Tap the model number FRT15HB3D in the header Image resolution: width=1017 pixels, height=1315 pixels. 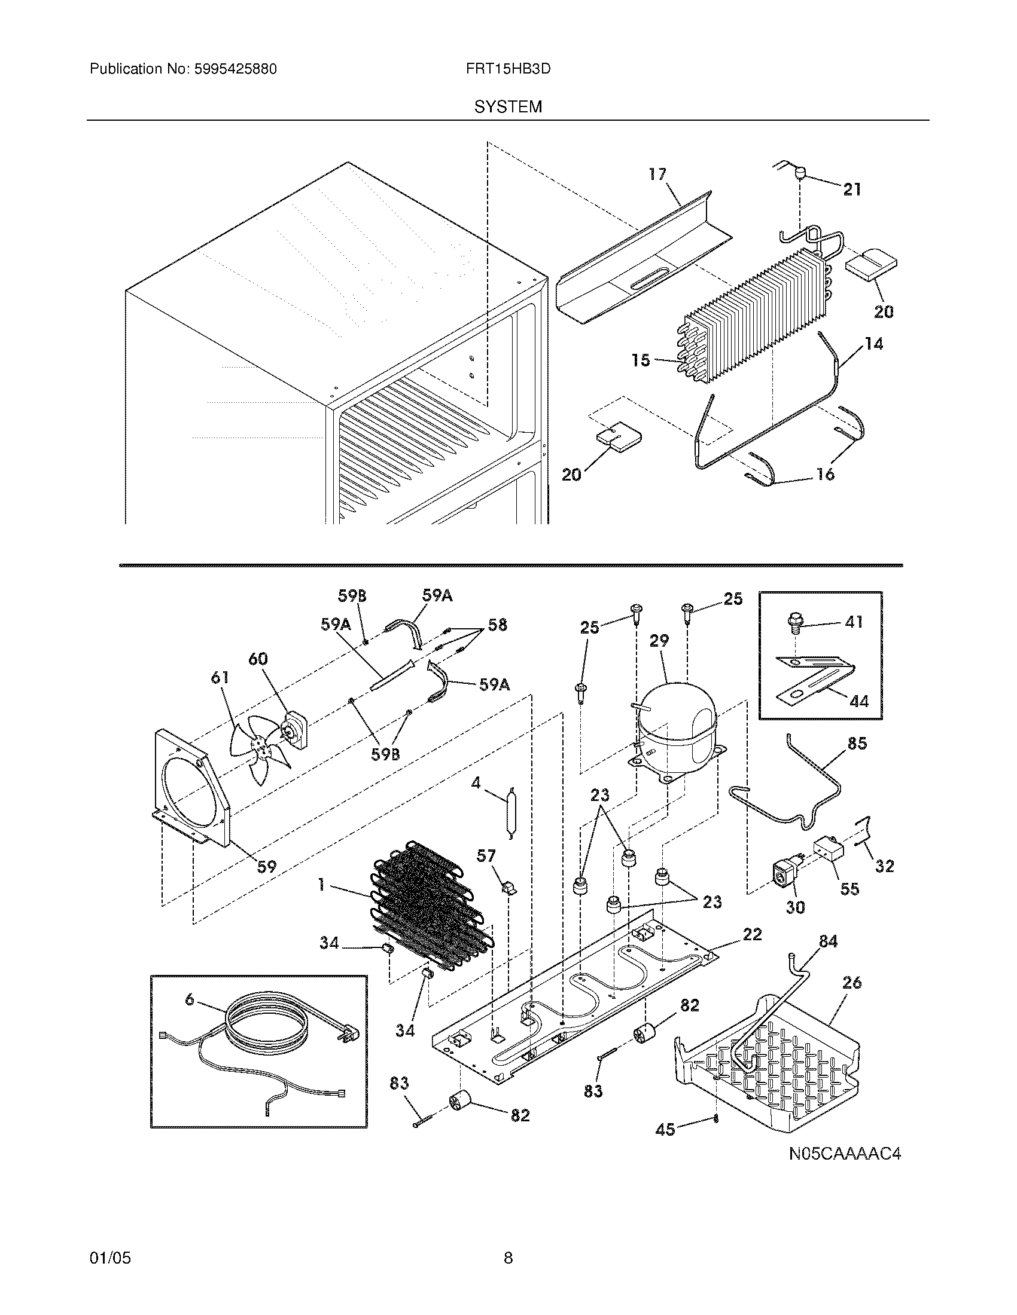[x=508, y=69]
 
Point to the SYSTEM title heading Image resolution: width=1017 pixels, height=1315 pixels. [x=508, y=107]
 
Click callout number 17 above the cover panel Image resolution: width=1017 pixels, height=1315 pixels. [x=657, y=174]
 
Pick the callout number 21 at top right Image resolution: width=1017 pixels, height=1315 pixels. [x=851, y=190]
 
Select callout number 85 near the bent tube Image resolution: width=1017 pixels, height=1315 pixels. [x=857, y=744]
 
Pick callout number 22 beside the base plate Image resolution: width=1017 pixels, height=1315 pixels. [x=753, y=934]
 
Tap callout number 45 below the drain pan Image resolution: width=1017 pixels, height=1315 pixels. [x=665, y=1130]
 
